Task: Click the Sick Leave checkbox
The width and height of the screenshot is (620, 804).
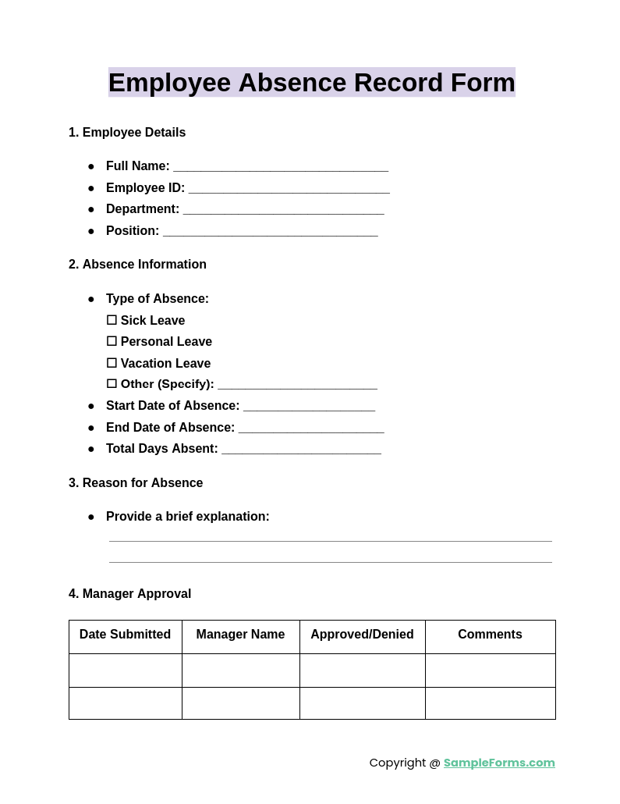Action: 112,320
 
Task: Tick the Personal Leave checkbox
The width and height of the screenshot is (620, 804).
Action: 112,341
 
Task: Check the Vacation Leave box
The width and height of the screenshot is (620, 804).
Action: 112,363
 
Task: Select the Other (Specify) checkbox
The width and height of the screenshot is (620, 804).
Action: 112,384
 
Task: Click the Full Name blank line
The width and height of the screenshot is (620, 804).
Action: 281,167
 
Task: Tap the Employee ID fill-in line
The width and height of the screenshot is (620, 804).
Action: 289,189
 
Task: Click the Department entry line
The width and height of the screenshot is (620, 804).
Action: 283,210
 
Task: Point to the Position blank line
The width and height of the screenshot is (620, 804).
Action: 270,232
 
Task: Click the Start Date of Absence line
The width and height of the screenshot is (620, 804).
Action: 309,407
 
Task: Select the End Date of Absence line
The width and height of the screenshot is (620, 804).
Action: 311,429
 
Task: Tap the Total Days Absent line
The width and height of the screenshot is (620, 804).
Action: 301,450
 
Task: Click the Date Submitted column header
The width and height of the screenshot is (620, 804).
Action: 125,635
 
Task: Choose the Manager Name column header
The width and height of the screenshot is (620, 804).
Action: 240,635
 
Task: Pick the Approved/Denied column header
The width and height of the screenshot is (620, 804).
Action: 362,635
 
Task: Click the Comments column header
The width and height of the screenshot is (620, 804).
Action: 490,635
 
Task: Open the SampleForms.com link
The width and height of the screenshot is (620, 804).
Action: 499,763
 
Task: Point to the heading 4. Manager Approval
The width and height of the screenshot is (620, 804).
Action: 129,594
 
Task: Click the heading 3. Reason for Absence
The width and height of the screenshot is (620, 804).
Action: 136,483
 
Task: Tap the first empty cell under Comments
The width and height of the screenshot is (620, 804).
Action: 490,671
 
